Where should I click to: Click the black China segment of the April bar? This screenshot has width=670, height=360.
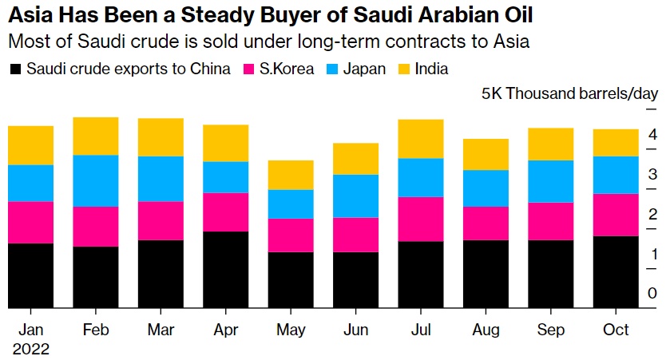click(x=226, y=269)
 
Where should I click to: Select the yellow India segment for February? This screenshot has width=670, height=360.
click(x=96, y=136)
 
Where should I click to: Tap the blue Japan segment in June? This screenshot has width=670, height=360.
click(x=356, y=196)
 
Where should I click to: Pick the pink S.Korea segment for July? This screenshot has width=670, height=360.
click(x=421, y=219)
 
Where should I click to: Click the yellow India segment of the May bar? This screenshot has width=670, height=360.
click(x=291, y=175)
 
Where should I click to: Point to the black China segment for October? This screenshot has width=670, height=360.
click(x=616, y=271)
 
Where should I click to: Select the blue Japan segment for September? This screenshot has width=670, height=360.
click(x=551, y=181)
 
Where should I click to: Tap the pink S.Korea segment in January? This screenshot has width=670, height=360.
click(x=30, y=222)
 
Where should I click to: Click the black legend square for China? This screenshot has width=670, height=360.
click(x=15, y=69)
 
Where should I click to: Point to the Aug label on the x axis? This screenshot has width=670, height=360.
click(x=486, y=330)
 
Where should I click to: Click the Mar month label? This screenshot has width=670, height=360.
click(x=161, y=330)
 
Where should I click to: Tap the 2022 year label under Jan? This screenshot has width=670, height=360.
click(x=30, y=349)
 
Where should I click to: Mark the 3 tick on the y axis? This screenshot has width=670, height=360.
click(x=652, y=174)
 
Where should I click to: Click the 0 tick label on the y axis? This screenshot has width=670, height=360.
click(x=652, y=294)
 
